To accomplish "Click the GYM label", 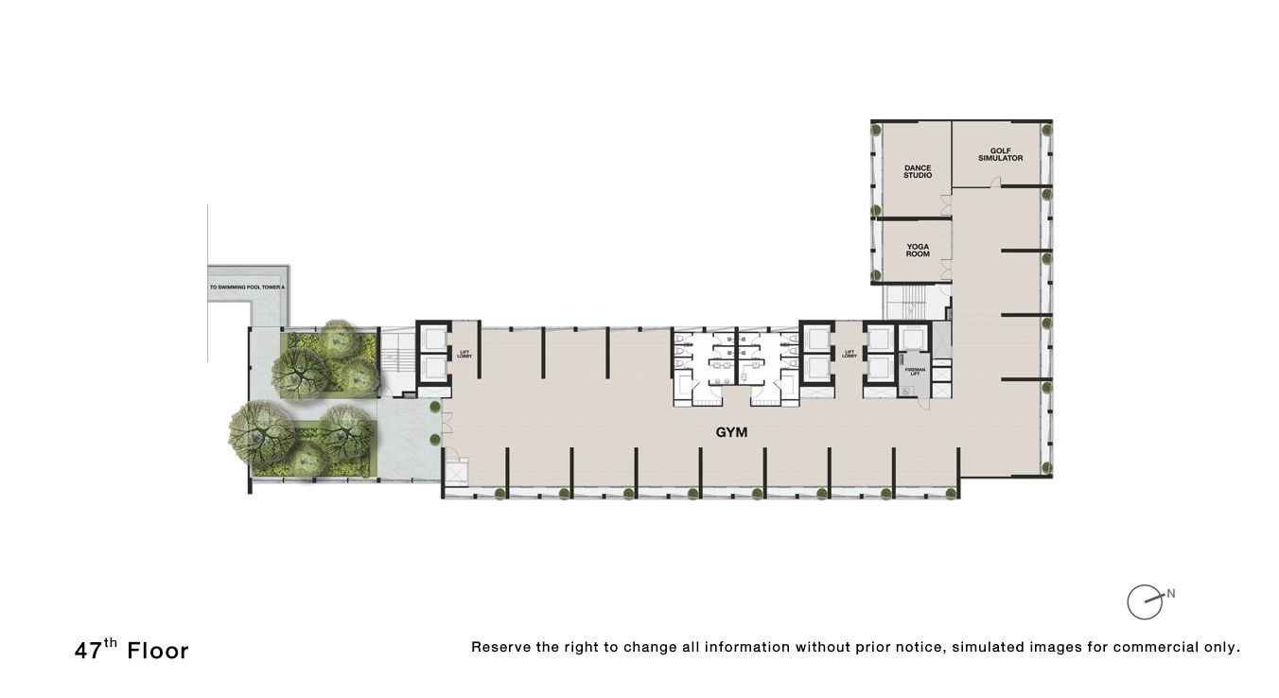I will tap(731, 432).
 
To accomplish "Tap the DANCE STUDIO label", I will tap(918, 172).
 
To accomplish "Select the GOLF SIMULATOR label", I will tap(1000, 154).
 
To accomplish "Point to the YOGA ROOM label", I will tap(918, 251).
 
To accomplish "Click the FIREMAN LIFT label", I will tap(915, 371).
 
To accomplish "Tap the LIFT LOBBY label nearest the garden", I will tap(464, 355).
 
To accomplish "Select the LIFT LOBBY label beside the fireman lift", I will tap(850, 355).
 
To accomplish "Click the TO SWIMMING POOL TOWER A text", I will tap(247, 286).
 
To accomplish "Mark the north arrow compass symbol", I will tap(1145, 602).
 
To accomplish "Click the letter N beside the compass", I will tap(1171, 594).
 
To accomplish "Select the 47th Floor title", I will tap(131, 650).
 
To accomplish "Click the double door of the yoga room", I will tap(947, 271).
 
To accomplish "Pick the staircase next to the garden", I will tap(396, 360).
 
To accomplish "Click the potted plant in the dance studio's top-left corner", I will tap(878, 130).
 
